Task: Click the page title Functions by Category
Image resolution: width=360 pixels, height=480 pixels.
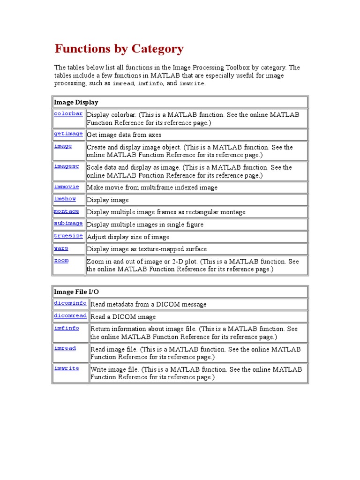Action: click(x=119, y=49)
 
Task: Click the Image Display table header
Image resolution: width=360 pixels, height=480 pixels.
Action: click(x=76, y=102)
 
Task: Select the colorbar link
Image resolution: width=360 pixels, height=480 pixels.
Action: click(x=68, y=113)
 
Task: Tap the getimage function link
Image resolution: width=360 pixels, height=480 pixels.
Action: click(x=68, y=134)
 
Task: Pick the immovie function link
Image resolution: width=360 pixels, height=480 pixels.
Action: click(x=66, y=187)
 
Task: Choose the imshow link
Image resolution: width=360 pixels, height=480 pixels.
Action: click(x=65, y=199)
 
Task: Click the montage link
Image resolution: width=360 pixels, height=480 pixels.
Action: click(x=66, y=211)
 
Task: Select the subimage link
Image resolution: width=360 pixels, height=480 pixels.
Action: click(x=68, y=224)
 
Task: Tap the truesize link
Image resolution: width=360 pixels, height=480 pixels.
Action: click(x=68, y=236)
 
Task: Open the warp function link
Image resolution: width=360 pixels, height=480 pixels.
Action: click(x=61, y=248)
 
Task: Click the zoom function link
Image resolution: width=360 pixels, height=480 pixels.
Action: click(x=61, y=261)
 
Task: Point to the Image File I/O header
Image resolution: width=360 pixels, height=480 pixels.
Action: click(x=76, y=292)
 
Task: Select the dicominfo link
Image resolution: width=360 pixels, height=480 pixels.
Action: click(x=70, y=303)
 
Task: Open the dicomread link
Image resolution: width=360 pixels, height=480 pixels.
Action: click(x=70, y=315)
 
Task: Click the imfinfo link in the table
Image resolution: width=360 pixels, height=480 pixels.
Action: click(x=66, y=328)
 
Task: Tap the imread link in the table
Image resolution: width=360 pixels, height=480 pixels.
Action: click(x=65, y=348)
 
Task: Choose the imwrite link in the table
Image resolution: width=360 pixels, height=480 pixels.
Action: click(x=66, y=368)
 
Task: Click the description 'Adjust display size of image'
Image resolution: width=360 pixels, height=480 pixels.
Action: click(x=128, y=237)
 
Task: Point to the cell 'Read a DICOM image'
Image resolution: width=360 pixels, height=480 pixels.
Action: click(x=123, y=317)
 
